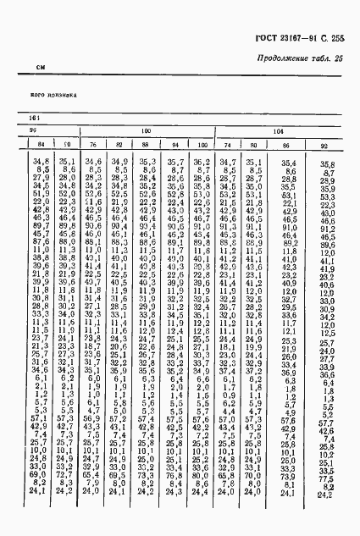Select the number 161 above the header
[35, 118]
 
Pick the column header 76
[93, 145]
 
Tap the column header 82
[119, 145]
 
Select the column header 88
[147, 145]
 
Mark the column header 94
[174, 145]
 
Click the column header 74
[226, 145]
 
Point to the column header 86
[288, 145]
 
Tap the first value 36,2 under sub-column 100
[200, 161]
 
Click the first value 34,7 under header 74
[226, 161]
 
